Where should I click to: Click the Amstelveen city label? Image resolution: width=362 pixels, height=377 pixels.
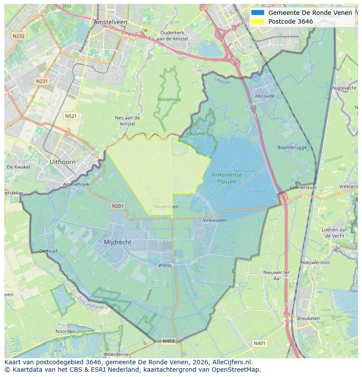pos(110,22)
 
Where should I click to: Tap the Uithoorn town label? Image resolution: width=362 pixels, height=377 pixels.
pos(63,162)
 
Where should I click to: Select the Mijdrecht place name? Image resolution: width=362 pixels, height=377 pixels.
pos(118,242)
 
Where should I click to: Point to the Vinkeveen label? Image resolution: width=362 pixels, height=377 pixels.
pos(215,220)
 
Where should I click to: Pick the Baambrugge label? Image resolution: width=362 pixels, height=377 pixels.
pos(292,148)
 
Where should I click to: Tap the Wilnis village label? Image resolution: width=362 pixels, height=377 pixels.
pos(165,265)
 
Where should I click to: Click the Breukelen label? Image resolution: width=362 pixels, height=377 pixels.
pos(308,318)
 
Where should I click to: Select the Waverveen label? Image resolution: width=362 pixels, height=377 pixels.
pos(166,207)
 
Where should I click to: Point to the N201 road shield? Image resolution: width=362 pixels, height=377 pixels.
pos(118,206)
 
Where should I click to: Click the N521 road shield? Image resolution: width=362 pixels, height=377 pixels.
pos(70,116)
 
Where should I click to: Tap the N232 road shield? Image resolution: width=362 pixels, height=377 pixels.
pos(19,36)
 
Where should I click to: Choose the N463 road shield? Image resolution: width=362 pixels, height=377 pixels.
pos(168,341)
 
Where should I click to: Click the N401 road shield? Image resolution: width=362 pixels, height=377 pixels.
pos(259,344)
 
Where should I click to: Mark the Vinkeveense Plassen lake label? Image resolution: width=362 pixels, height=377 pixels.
pos(226,178)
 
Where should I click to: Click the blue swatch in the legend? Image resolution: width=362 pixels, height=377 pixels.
pos(258,13)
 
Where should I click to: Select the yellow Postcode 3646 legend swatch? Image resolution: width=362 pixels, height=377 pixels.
pos(258,21)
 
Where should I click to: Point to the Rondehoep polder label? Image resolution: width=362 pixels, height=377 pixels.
pos(169,99)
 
